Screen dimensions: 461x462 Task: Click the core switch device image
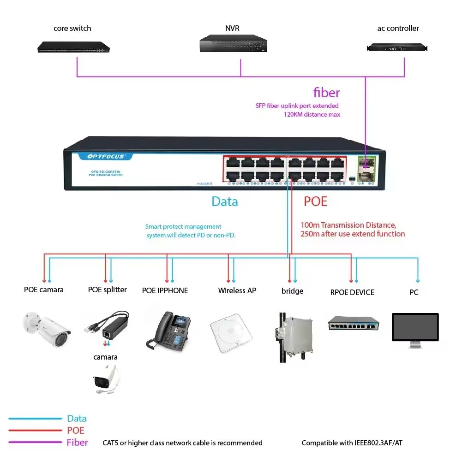click(x=74, y=47)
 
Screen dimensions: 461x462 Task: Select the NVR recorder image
click(x=233, y=44)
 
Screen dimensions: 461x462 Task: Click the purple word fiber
click(x=326, y=93)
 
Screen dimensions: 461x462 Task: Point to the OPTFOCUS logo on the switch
click(x=106, y=157)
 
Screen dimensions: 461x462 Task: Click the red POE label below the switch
click(x=315, y=201)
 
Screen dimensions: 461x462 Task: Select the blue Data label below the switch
click(x=225, y=201)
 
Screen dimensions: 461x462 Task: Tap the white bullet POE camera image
click(x=46, y=326)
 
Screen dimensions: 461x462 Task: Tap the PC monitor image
click(x=415, y=328)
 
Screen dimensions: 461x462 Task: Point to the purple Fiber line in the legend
click(x=35, y=443)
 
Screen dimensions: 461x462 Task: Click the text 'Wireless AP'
click(x=237, y=291)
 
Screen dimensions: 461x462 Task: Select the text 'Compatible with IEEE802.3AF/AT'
click(x=352, y=443)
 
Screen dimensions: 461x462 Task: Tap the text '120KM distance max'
click(x=312, y=114)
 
